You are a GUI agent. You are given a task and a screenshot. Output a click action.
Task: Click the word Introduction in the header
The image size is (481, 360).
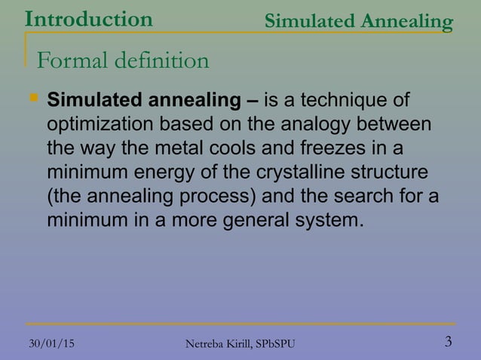point(87,18)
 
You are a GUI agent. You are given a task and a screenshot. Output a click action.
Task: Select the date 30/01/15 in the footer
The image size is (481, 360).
point(51,343)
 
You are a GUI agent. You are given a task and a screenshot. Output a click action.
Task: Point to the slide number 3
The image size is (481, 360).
point(449,342)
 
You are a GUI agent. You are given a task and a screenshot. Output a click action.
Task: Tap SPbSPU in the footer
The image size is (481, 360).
point(271,344)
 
